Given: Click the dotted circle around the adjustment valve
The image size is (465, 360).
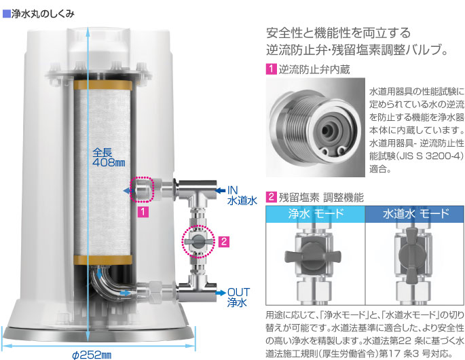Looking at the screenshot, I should point(198,241).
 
